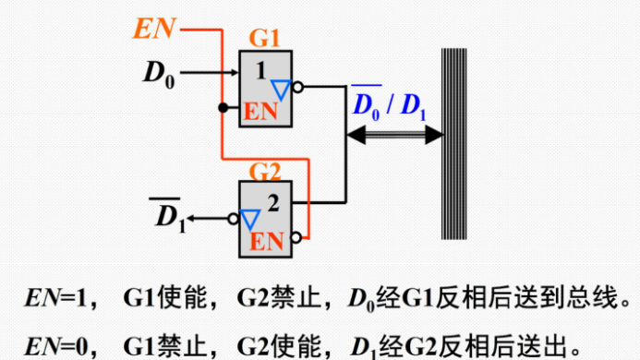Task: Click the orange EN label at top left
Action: [156, 30]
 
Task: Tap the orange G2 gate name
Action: [266, 171]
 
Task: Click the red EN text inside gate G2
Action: [268, 242]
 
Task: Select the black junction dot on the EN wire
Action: [222, 108]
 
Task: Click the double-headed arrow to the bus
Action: [393, 136]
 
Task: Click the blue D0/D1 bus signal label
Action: [388, 103]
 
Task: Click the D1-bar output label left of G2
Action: [169, 218]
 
